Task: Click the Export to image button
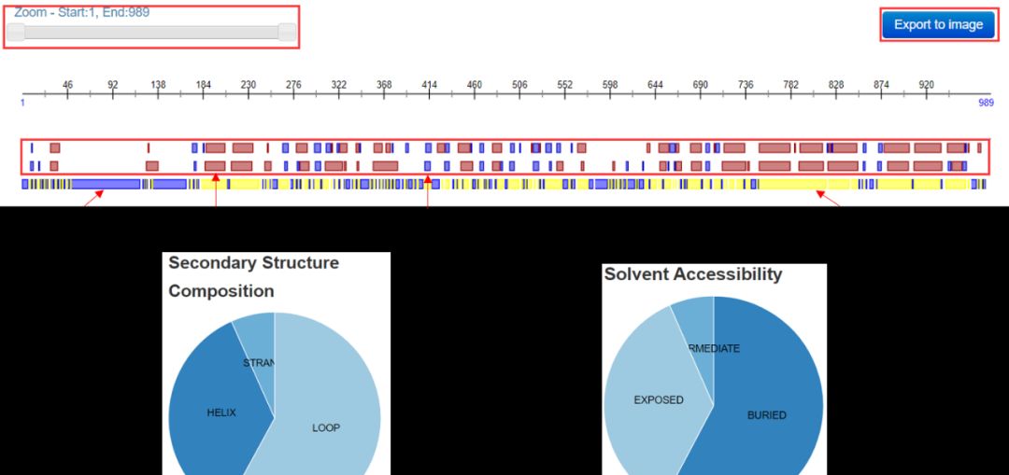point(938,25)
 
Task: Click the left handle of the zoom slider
point(16,33)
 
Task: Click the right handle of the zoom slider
point(288,33)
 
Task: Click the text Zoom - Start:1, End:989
point(81,13)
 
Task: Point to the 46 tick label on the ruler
point(67,85)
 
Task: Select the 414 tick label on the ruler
point(429,85)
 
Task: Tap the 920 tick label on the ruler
point(926,85)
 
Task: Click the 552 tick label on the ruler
point(564,85)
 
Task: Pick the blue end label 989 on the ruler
point(986,103)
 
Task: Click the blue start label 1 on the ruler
point(22,103)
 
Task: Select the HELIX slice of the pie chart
point(220,412)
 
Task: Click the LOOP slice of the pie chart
point(326,427)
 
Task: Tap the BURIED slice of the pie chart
point(767,414)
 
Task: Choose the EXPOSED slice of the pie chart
point(659,399)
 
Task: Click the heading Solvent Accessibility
point(692,274)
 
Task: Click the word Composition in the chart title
point(221,291)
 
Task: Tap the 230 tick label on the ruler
point(248,85)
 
